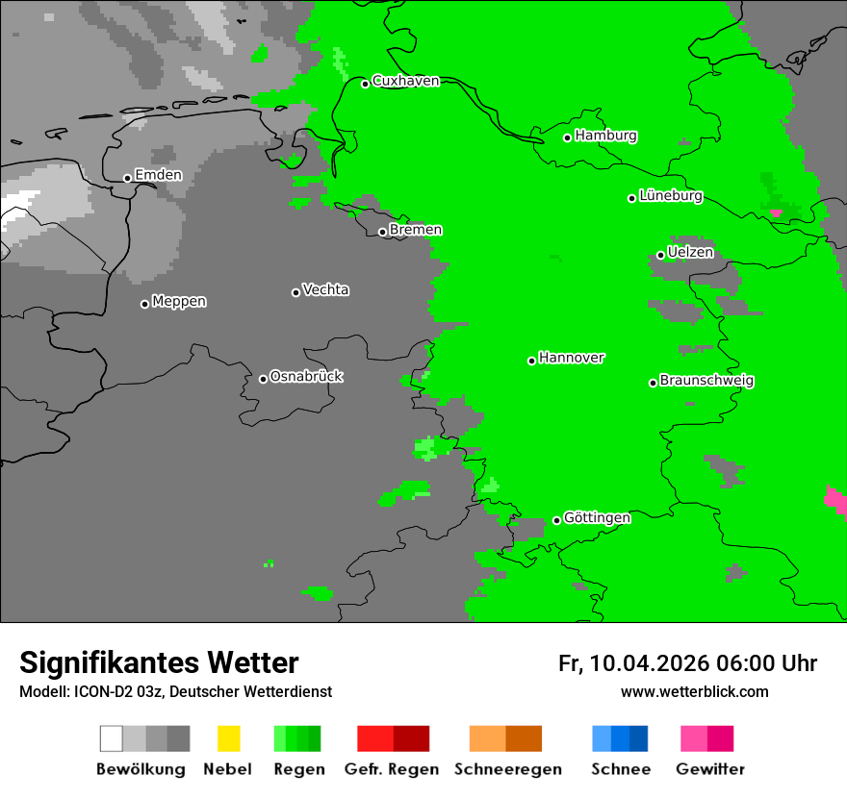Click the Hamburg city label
pyautogui.click(x=605, y=136)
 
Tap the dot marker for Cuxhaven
pyautogui.click(x=366, y=84)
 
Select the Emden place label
pyautogui.click(x=158, y=175)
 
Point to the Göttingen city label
pyautogui.click(x=597, y=517)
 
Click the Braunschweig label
pyautogui.click(x=706, y=380)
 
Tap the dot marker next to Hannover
pyautogui.click(x=531, y=361)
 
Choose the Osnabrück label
pyautogui.click(x=306, y=376)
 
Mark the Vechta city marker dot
pyautogui.click(x=295, y=292)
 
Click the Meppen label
pyautogui.click(x=179, y=301)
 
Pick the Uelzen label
pyautogui.click(x=690, y=252)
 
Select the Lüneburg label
pyautogui.click(x=671, y=195)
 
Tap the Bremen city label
pyautogui.click(x=416, y=230)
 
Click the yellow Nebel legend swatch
pyautogui.click(x=228, y=738)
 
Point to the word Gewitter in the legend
pyautogui.click(x=710, y=769)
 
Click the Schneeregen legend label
pyautogui.click(x=507, y=769)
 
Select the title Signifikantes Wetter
pyautogui.click(x=159, y=662)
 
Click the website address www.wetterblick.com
pyautogui.click(x=694, y=691)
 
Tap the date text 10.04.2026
pyautogui.click(x=650, y=663)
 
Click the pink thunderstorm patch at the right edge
pyautogui.click(x=836, y=500)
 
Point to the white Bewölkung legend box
pyautogui.click(x=111, y=738)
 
